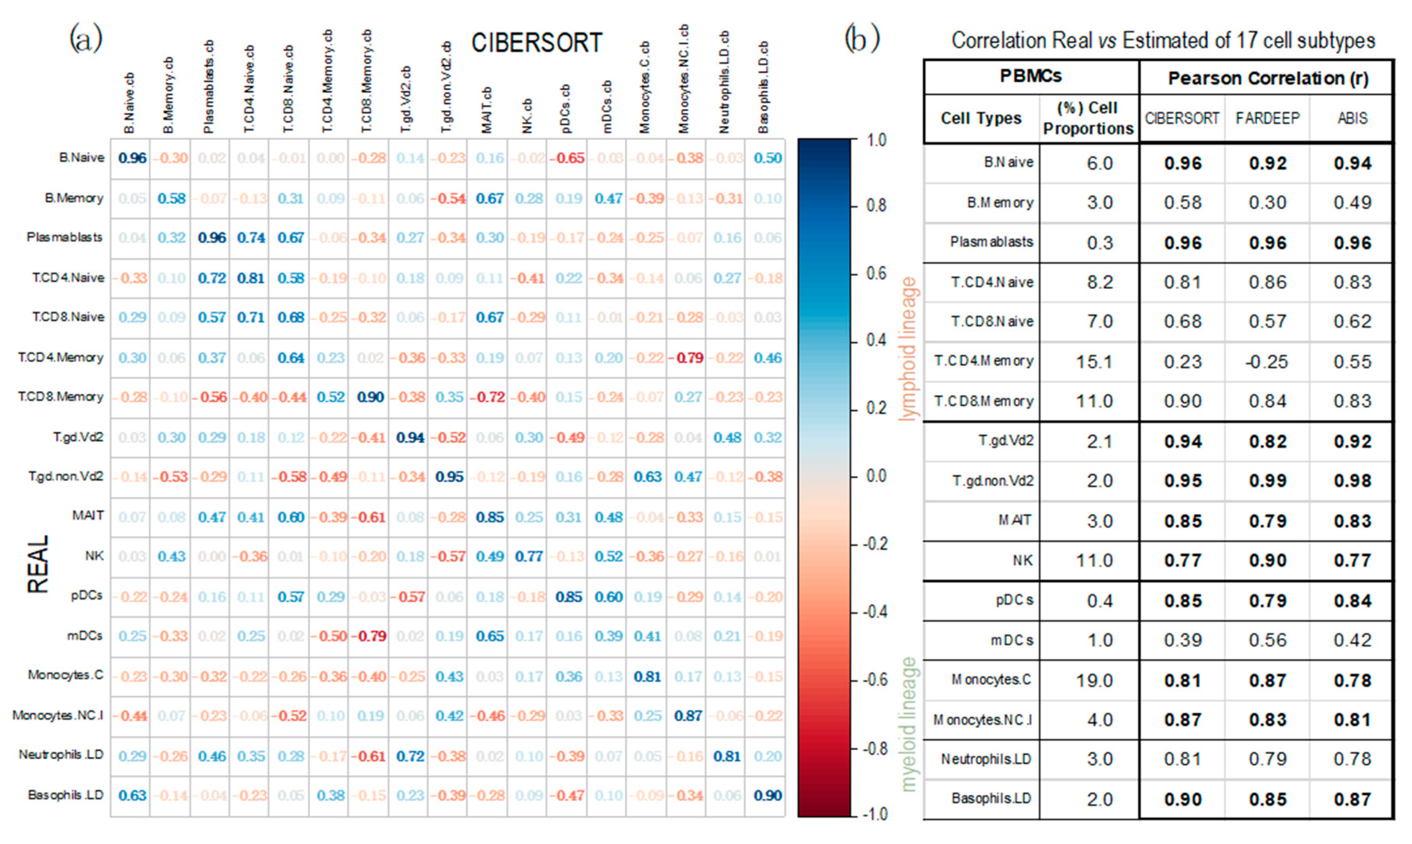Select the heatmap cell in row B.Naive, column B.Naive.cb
132,158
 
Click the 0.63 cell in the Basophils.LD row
132,795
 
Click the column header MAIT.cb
487,110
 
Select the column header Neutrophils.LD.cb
723,83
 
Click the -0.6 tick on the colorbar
875,680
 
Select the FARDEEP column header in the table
1267,118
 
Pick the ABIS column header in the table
1352,118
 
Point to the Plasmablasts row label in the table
991,242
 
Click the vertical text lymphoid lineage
909,348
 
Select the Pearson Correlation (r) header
1267,78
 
